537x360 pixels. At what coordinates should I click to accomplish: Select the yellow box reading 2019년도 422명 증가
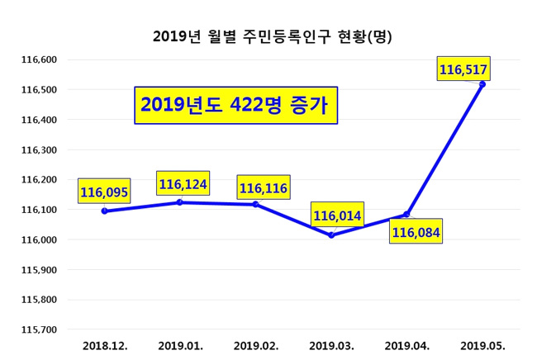[x=235, y=105]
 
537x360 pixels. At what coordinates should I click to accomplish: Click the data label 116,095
[x=104, y=192]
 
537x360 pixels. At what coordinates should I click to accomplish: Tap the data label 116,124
[x=183, y=183]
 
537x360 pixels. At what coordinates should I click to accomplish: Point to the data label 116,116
[x=263, y=188]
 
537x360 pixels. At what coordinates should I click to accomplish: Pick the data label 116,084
[x=416, y=233]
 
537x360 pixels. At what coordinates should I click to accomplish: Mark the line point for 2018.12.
[x=104, y=211]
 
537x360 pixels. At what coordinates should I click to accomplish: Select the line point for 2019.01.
[x=179, y=202]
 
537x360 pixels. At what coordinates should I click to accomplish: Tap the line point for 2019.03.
[x=331, y=235]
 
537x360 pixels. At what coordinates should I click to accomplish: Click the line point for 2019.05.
[x=482, y=84]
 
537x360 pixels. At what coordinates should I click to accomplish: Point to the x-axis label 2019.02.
[x=256, y=345]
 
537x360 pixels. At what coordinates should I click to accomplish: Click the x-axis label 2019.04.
[x=406, y=345]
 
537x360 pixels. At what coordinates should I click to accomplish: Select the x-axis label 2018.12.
[x=105, y=345]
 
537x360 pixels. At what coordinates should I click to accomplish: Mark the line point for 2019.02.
[x=255, y=204]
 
